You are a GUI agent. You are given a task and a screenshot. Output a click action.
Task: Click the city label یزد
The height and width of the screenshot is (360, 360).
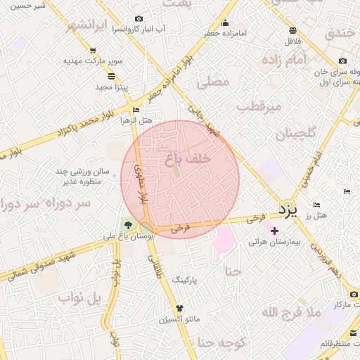point(288,209)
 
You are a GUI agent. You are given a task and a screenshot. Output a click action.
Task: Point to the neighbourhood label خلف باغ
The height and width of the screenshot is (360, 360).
point(188,160)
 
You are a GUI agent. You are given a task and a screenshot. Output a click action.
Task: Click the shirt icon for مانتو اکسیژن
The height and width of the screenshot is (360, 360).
point(179,308)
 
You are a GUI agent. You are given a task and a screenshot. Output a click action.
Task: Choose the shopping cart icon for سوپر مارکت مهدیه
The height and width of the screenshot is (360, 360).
point(93,51)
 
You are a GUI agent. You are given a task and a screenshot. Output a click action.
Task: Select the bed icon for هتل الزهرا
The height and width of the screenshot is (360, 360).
point(136,110)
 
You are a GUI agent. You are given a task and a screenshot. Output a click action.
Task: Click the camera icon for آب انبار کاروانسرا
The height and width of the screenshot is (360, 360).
point(139,18)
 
